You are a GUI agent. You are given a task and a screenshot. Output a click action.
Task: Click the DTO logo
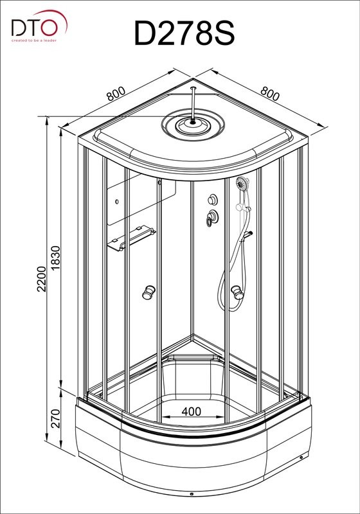pos(39,26)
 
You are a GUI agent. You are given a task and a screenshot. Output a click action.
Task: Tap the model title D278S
pos(184,33)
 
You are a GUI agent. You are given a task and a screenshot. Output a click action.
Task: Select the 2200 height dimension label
pos(42,279)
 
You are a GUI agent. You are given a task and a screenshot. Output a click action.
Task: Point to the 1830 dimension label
pos(56,258)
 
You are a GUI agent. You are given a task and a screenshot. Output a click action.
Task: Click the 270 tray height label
pos(56,418)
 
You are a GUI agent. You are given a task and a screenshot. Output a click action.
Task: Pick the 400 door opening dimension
pos(191,411)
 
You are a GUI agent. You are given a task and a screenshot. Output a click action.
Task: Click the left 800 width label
pos(116,94)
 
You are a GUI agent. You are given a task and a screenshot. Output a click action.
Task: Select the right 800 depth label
pos(270,94)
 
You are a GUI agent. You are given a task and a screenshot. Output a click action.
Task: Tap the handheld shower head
pos(242,182)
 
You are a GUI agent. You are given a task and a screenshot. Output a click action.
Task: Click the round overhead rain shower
pos(193,125)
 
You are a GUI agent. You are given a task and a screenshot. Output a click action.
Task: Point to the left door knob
pos(148,292)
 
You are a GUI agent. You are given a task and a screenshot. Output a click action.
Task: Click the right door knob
pos(237,292)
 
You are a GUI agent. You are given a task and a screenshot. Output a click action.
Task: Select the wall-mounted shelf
pos(131,238)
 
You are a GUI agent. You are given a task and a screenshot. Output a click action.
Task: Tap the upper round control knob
pos(213,199)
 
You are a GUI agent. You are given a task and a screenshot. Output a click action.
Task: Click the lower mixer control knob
pos(212,218)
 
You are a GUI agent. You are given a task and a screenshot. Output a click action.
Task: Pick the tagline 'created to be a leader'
pos(34,40)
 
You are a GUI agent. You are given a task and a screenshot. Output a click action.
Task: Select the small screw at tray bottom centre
pos(192,493)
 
